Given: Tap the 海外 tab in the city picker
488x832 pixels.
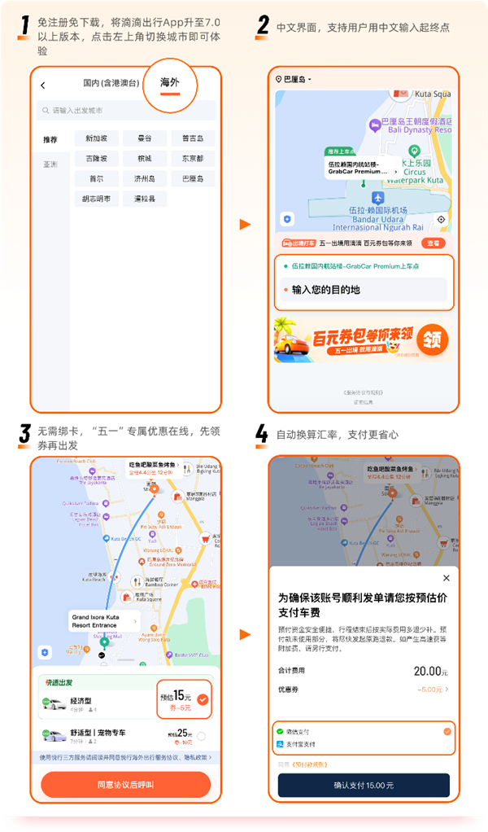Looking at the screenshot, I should pos(169,83).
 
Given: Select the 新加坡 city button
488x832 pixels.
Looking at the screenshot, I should pos(96,138).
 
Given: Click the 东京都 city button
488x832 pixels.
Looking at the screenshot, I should pos(193,158).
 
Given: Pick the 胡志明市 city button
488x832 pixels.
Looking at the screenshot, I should pos(96,198).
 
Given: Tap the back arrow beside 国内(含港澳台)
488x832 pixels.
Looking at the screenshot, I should pos(43,85).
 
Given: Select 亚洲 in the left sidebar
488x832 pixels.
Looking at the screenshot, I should pos(50,164).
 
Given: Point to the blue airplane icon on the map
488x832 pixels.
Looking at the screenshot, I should pos(377,198).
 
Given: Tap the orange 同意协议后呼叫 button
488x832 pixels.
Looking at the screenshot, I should pos(125,785).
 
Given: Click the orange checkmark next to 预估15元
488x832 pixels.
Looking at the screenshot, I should pos(203,698).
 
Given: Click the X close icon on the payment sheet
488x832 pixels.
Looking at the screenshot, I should pos(446,578).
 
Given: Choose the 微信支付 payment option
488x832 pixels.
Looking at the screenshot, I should pos(298,732).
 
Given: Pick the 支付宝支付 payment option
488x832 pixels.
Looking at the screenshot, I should pos(300,744).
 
